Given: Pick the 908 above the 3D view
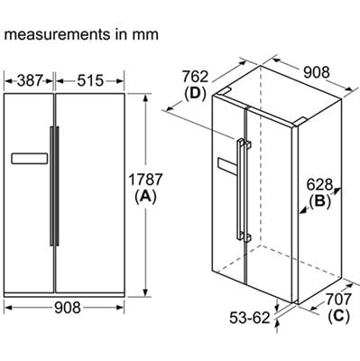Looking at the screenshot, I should pyautogui.click(x=315, y=71).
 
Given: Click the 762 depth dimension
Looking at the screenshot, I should pyautogui.click(x=196, y=76).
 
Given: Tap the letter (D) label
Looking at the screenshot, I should pyautogui.click(x=196, y=93).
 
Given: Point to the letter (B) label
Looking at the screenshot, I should pyautogui.click(x=321, y=202).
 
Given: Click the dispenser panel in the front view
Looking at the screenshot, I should pyautogui.click(x=28, y=159).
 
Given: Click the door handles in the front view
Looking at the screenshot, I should pyautogui.click(x=53, y=185).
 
